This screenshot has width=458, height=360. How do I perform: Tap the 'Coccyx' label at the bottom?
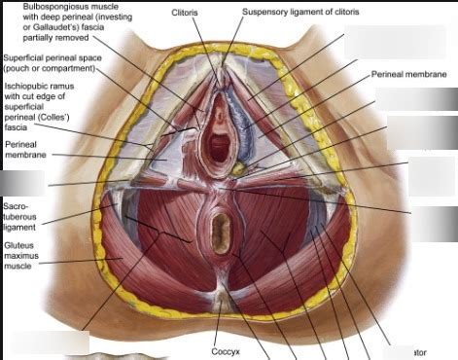click(x=226, y=351)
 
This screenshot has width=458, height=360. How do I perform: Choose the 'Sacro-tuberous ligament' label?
click(x=19, y=217)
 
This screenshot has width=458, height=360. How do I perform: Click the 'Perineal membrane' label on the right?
click(x=408, y=74)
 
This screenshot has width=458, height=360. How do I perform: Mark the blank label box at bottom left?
click(x=45, y=342)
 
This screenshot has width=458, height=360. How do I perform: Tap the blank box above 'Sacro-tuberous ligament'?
click(x=22, y=183)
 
